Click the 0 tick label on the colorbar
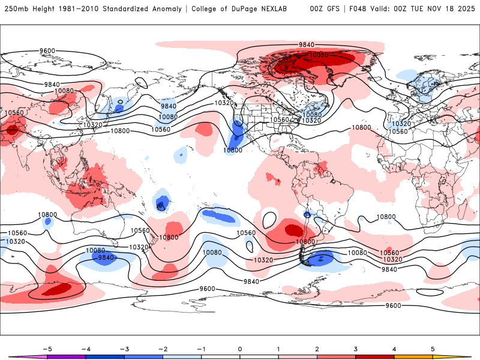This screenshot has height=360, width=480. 240,348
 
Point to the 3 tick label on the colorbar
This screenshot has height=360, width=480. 355,348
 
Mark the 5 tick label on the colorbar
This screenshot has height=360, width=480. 433,348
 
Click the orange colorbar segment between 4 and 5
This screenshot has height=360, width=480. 413,357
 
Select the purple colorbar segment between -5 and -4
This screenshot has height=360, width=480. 67,357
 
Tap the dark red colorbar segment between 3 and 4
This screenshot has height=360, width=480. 374,357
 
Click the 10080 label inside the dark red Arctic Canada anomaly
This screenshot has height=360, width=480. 319,55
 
